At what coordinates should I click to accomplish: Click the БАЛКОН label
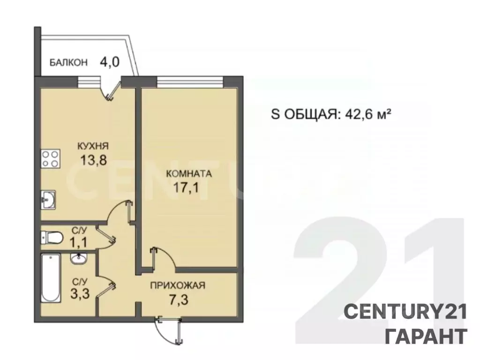pyautogui.click(x=68, y=62)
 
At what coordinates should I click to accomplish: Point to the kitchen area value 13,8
pyautogui.click(x=93, y=160)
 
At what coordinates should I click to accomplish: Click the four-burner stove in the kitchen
pyautogui.click(x=51, y=158)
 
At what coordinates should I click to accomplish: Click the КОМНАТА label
pyautogui.click(x=189, y=173)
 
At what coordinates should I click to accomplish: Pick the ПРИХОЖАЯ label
pyautogui.click(x=177, y=285)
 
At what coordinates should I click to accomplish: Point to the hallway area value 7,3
pyautogui.click(x=177, y=299)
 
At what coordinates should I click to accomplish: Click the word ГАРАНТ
pyautogui.click(x=426, y=336)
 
